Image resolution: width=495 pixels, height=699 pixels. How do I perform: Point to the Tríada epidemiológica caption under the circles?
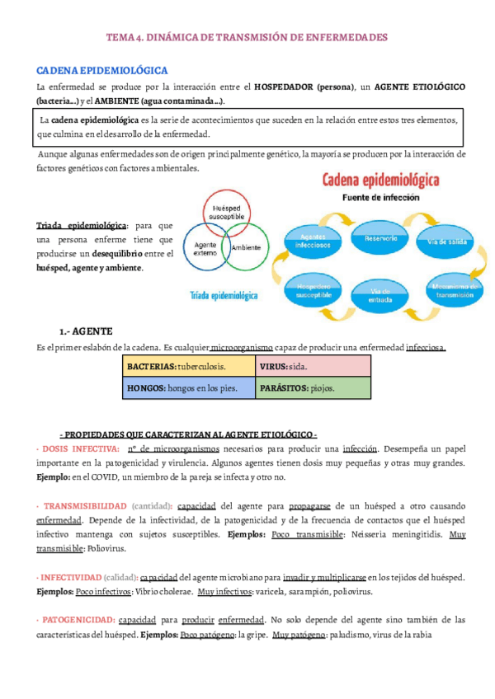click(x=224, y=294)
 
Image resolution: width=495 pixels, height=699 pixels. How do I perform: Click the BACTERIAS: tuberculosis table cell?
click(x=189, y=365)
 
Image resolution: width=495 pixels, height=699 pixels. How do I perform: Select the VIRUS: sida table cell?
click(x=313, y=365)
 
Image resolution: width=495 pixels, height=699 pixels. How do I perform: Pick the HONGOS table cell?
click(x=189, y=387)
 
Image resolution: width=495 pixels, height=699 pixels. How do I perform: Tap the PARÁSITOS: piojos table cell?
click(x=313, y=387)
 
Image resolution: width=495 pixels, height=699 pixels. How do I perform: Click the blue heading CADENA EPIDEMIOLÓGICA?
click(x=102, y=70)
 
